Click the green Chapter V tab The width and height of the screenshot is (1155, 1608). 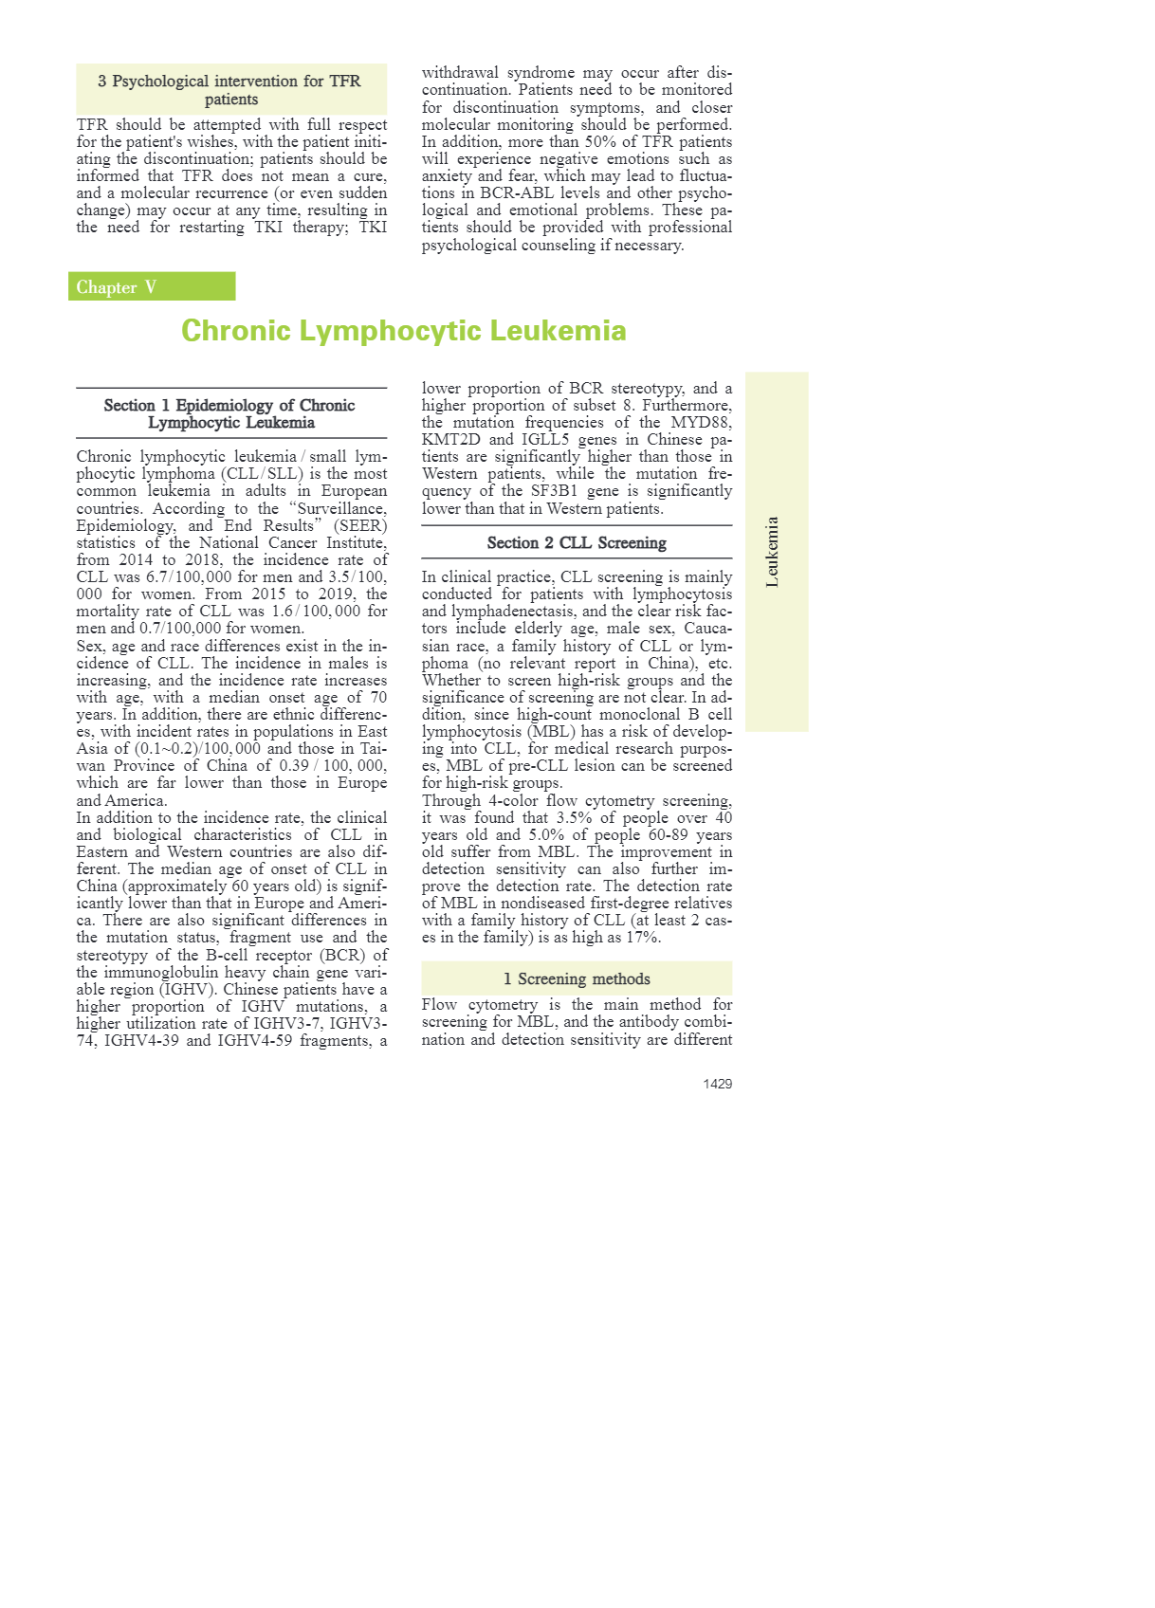[151, 287]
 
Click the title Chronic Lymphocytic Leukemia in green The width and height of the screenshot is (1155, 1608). [403, 331]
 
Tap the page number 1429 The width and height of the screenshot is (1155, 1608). [717, 1084]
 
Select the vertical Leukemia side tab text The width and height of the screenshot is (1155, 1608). [773, 552]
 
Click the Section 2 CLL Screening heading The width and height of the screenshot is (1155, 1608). [577, 543]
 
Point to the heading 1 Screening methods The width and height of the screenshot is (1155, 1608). [577, 979]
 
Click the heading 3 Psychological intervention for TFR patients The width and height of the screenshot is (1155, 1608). [230, 90]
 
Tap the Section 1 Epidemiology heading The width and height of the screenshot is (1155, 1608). [230, 414]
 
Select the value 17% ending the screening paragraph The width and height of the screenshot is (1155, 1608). [643, 938]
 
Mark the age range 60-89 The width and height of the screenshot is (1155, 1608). [674, 835]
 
